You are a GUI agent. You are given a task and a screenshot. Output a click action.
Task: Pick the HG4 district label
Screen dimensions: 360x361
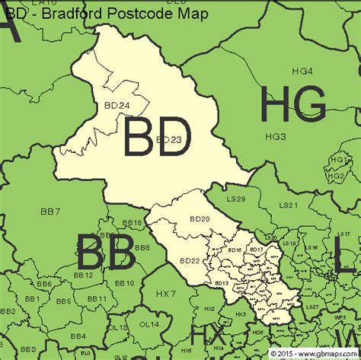point(302,72)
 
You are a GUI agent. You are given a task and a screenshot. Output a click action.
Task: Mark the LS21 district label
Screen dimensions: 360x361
point(288,205)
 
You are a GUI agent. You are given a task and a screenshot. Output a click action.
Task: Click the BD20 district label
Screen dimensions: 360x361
point(200,219)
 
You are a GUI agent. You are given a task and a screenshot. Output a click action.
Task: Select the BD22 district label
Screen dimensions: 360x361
point(190,260)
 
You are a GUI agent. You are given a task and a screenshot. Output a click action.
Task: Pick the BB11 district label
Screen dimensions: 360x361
point(97,299)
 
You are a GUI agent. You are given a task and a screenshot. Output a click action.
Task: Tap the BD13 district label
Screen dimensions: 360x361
point(222,283)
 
